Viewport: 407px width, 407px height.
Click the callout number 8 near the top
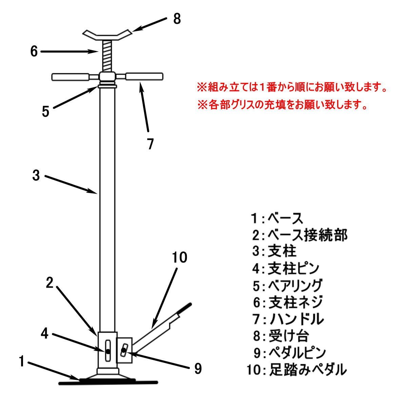click(177, 19)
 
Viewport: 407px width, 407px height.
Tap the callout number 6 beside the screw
click(34, 51)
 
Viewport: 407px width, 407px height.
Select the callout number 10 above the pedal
click(179, 257)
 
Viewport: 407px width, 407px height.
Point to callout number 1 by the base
click(22, 361)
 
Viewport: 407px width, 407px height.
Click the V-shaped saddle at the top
click(107, 36)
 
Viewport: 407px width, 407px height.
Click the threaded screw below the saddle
click(107, 56)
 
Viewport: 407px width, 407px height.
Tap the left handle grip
click(71, 77)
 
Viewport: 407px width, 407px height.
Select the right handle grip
click(144, 76)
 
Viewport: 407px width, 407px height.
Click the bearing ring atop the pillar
click(107, 86)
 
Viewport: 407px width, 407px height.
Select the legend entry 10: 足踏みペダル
click(297, 370)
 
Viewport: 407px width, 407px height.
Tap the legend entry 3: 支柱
click(274, 252)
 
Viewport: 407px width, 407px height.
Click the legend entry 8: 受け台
click(281, 336)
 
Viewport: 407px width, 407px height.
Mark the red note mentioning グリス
click(283, 104)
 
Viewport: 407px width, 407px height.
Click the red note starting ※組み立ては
click(292, 87)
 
